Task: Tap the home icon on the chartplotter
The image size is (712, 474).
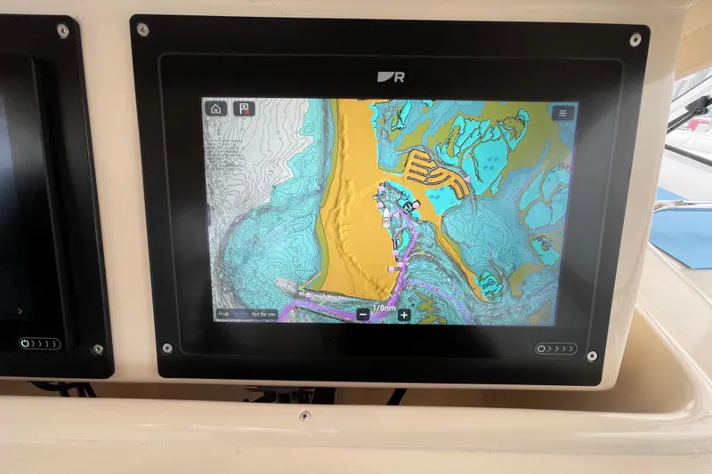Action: point(214,109)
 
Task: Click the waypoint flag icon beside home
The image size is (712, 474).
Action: point(242,109)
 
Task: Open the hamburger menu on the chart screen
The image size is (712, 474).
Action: point(562,113)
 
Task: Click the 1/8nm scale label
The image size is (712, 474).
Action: point(384,308)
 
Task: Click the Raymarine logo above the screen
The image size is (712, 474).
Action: point(391,76)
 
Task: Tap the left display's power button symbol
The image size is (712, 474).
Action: point(26,343)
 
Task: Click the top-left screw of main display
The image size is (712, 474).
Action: point(142,29)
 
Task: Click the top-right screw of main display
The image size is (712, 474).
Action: point(635,39)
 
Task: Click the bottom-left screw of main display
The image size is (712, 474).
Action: point(166,348)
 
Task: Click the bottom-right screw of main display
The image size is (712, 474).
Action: point(592,357)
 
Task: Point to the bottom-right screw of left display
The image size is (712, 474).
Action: point(97,349)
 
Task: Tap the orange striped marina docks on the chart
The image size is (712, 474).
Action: point(436,169)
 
